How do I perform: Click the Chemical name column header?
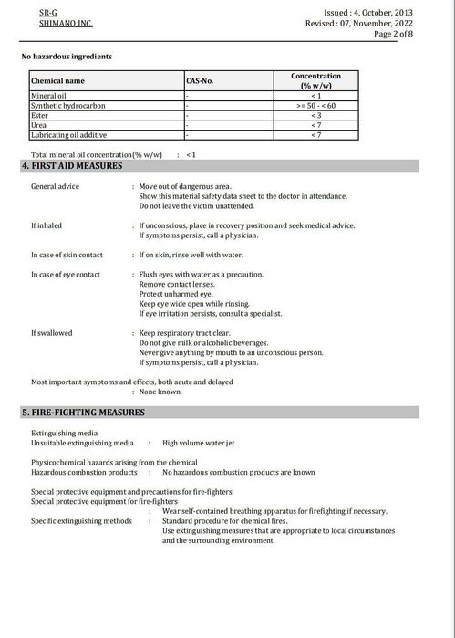(58, 81)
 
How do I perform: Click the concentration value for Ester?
(315, 115)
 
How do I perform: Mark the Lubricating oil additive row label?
(70, 135)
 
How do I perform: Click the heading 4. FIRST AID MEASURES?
(72, 166)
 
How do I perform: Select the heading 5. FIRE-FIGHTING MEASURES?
(83, 413)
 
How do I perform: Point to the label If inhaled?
(47, 225)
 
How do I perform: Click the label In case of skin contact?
(67, 255)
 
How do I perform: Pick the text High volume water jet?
(198, 442)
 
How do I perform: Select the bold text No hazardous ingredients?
(67, 57)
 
